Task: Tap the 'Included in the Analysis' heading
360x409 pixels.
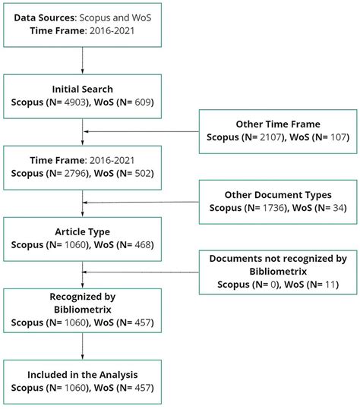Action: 81,375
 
